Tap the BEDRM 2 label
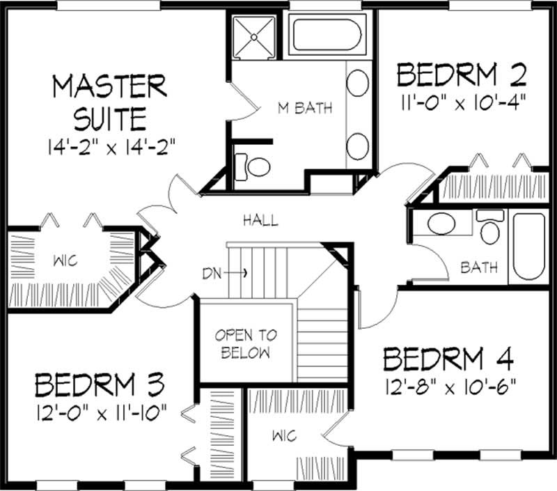tap(461, 73)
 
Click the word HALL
tap(260, 221)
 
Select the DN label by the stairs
tap(212, 273)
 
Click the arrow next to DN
tap(236, 273)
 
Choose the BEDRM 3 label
tap(99, 385)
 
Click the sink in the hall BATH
tap(441, 224)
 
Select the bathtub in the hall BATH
tap(528, 247)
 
